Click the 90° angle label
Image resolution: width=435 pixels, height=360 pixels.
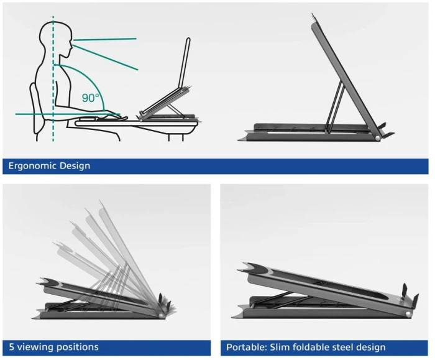(90, 98)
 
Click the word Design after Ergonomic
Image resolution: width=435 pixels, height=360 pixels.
(75, 166)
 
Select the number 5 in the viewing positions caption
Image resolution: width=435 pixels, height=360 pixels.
(12, 347)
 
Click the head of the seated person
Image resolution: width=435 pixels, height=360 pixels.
(55, 39)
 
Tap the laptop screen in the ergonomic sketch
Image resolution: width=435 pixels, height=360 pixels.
(184, 63)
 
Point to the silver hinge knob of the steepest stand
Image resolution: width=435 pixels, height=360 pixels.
(377, 138)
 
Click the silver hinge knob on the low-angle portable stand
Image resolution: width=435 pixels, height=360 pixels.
(408, 314)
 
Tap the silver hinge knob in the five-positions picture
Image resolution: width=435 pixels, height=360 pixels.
(162, 316)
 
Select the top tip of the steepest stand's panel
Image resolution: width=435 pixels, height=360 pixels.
(312, 13)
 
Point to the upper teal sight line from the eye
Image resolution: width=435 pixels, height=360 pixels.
(105, 40)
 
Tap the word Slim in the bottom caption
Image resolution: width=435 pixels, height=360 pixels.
(278, 347)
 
